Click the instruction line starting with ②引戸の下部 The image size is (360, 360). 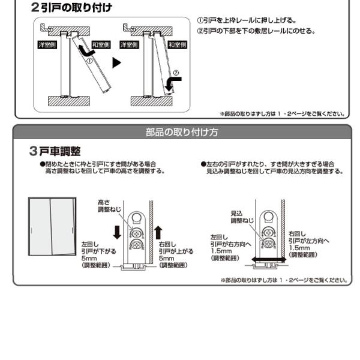(x=256, y=31)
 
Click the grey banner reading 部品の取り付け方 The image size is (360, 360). (x=182, y=132)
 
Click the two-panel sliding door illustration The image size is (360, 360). (x=52, y=224)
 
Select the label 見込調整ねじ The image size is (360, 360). (x=241, y=217)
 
